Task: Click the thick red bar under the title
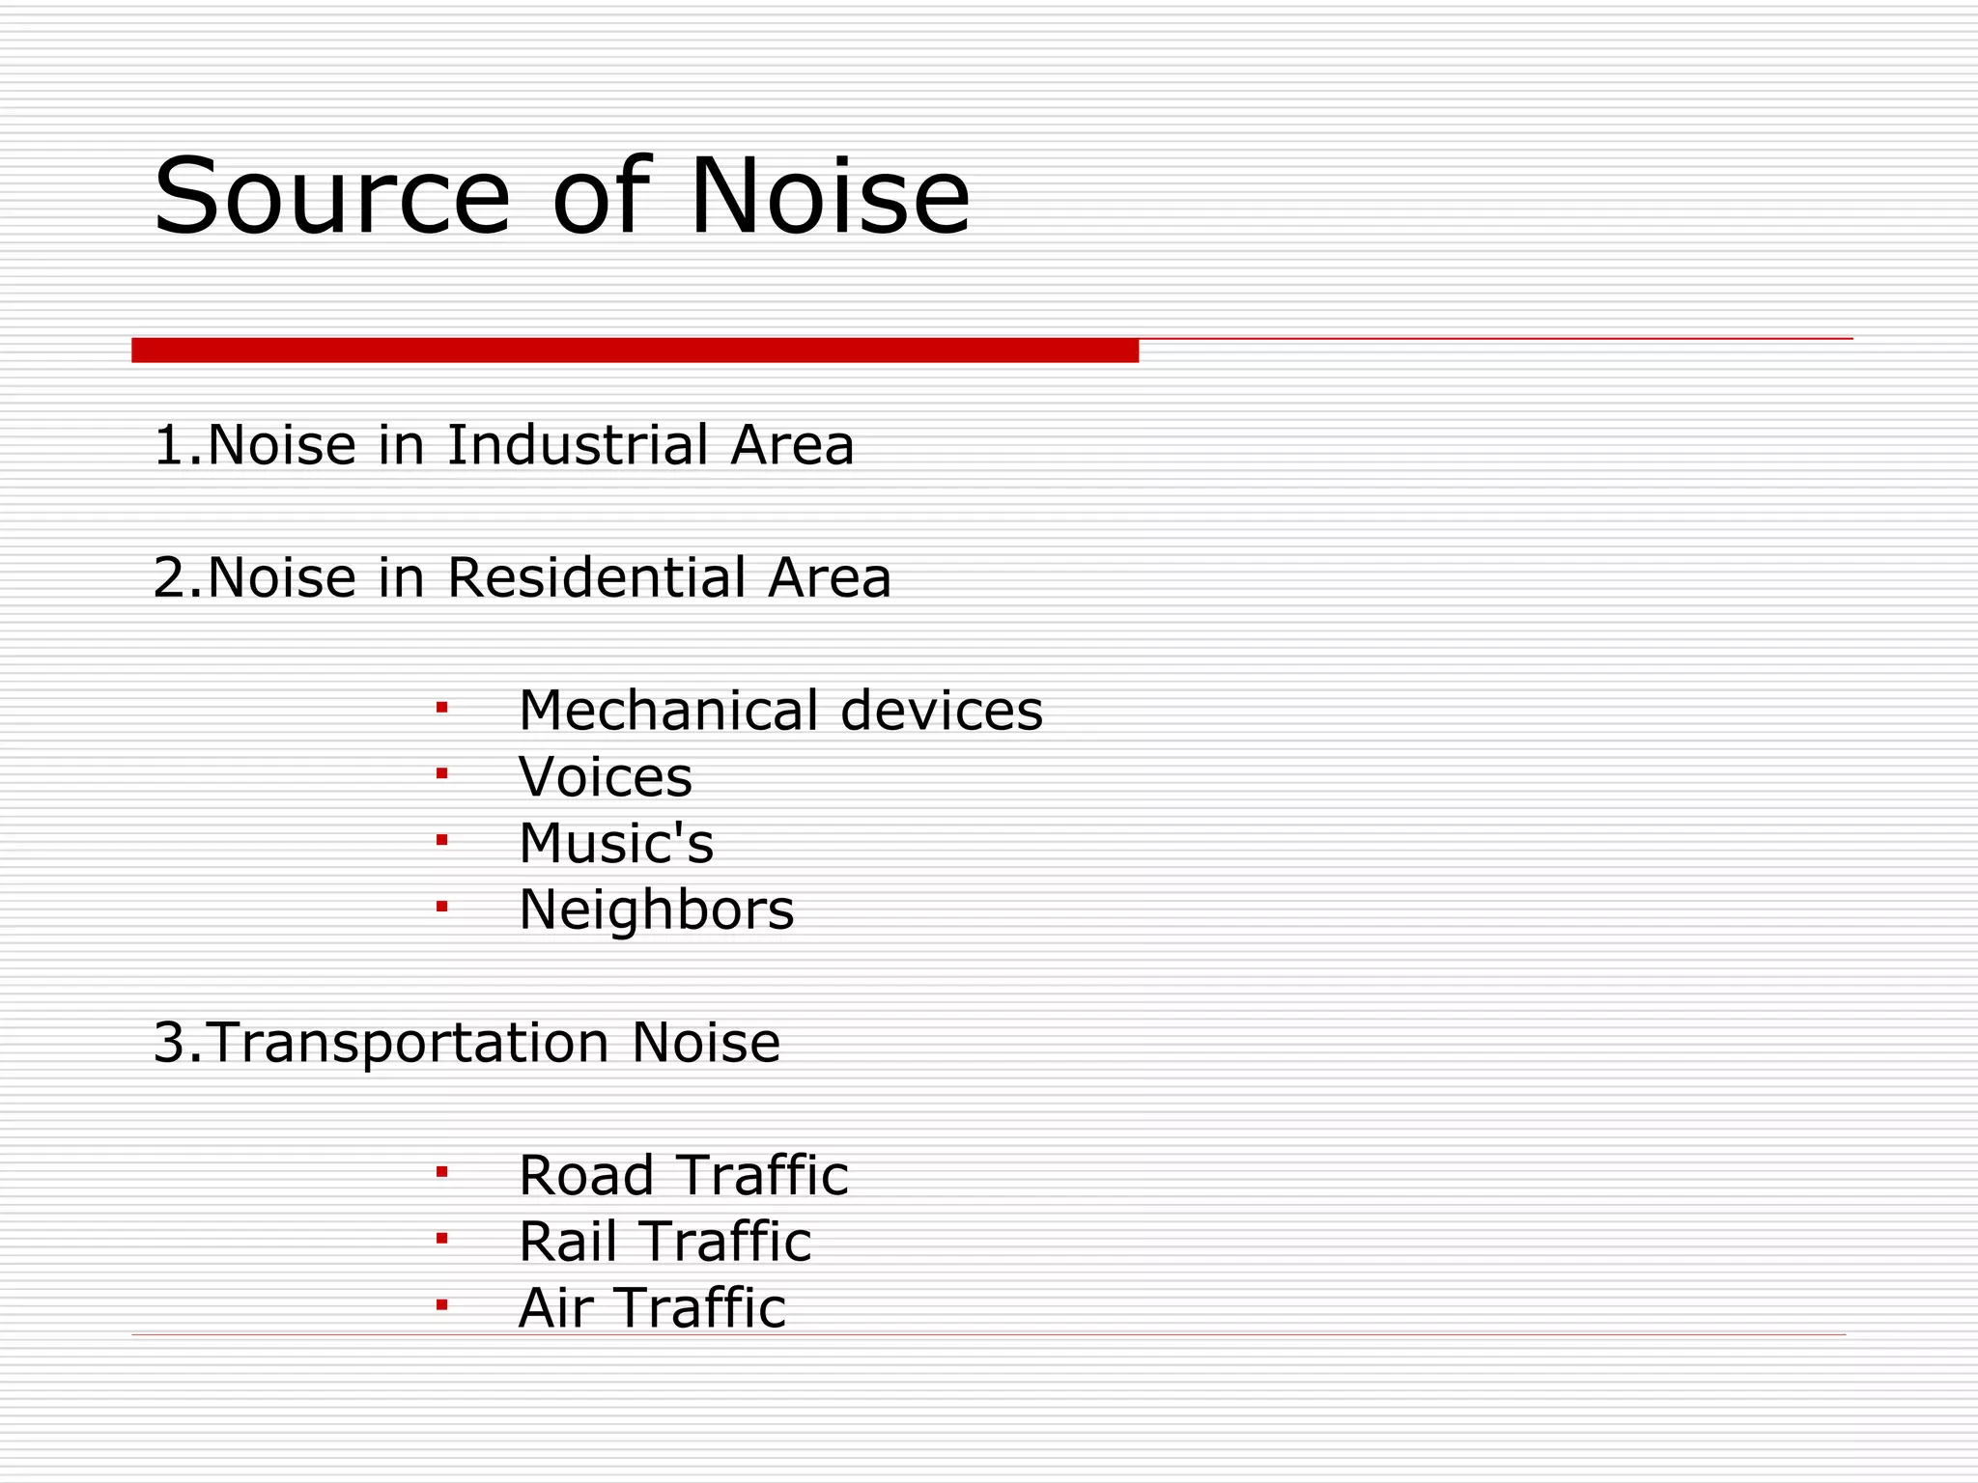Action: [x=635, y=350]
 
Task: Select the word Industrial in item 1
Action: [x=579, y=445]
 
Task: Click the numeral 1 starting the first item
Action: [x=168, y=445]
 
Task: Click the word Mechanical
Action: [x=668, y=711]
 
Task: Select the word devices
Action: [x=942, y=711]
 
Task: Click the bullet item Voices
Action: [x=606, y=777]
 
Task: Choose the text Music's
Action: [x=616, y=843]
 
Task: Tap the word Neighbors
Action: [x=656, y=909]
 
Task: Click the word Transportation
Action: [x=409, y=1043]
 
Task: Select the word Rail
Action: [x=567, y=1242]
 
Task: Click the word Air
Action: [x=554, y=1308]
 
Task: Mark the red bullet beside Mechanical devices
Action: [x=441, y=709]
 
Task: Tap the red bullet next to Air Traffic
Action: [x=441, y=1306]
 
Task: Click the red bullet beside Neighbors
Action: [x=441, y=907]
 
